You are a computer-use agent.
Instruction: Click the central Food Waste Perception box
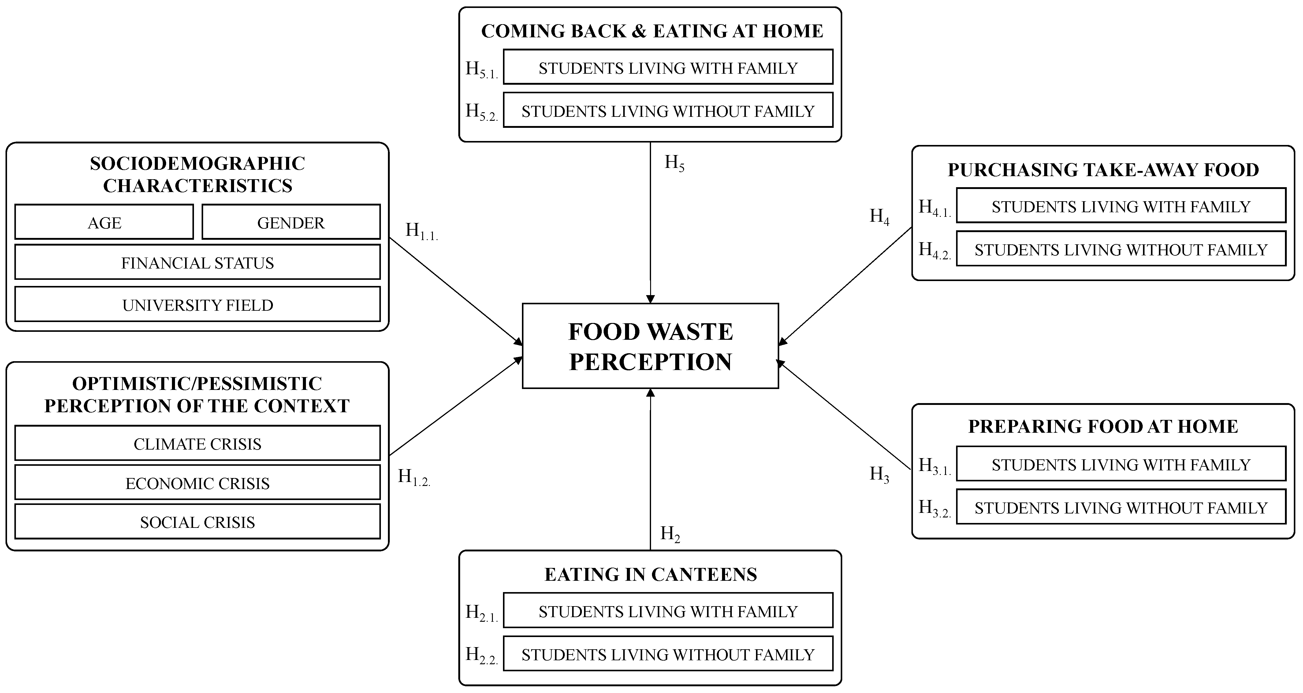[x=650, y=346]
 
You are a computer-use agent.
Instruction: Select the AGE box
[x=104, y=222]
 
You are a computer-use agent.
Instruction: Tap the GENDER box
[x=291, y=222]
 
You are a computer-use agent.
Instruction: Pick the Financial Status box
[x=197, y=262]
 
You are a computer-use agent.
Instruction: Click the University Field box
[x=197, y=305]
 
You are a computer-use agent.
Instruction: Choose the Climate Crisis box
[x=197, y=443]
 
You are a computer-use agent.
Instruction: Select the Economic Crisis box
[x=197, y=483]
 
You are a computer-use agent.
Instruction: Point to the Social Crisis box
[x=197, y=522]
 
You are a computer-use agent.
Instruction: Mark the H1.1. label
[x=421, y=231]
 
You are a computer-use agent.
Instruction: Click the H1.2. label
[x=414, y=477]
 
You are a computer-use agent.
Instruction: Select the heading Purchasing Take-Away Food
[x=1103, y=170]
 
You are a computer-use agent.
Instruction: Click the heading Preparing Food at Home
[x=1103, y=426]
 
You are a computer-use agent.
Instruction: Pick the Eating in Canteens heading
[x=650, y=574]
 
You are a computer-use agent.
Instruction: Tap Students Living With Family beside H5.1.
[x=668, y=68]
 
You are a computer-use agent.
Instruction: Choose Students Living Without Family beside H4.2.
[x=1121, y=249]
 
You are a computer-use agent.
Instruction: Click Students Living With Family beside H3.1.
[x=1121, y=464]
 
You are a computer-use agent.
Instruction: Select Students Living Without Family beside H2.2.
[x=668, y=654]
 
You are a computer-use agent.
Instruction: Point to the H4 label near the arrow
[x=879, y=216]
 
